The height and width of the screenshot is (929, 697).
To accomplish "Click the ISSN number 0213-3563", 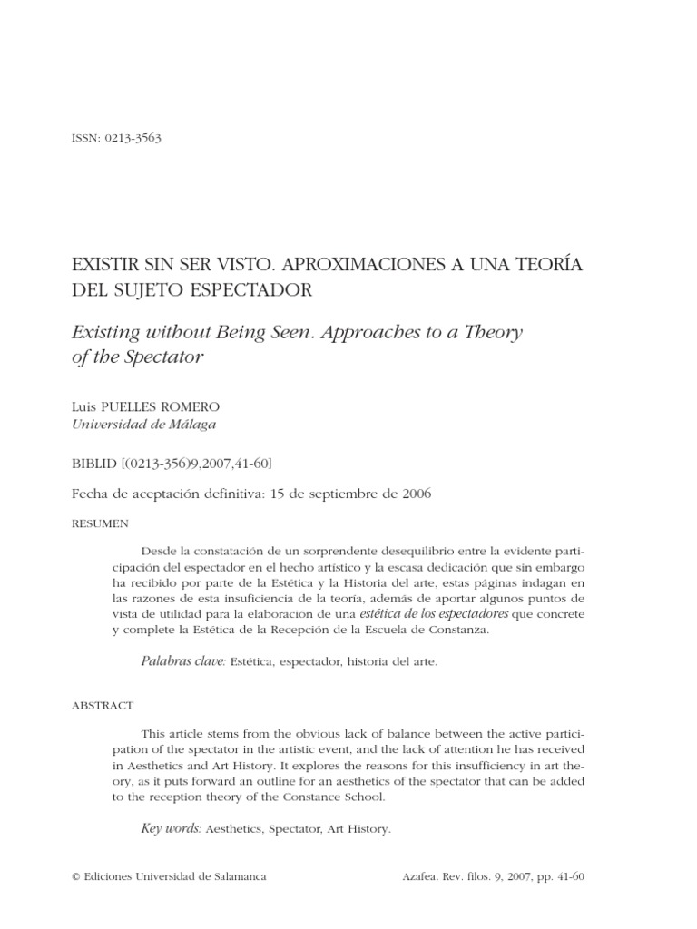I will coord(133,138).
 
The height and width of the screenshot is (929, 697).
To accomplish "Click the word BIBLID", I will coord(93,463).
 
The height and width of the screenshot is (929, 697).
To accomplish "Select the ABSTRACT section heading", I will coord(102,705).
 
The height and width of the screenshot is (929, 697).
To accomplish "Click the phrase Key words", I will coord(172,828).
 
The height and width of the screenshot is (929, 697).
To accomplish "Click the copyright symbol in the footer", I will coord(75,878).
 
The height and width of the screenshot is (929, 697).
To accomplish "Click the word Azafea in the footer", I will coord(420,878).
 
